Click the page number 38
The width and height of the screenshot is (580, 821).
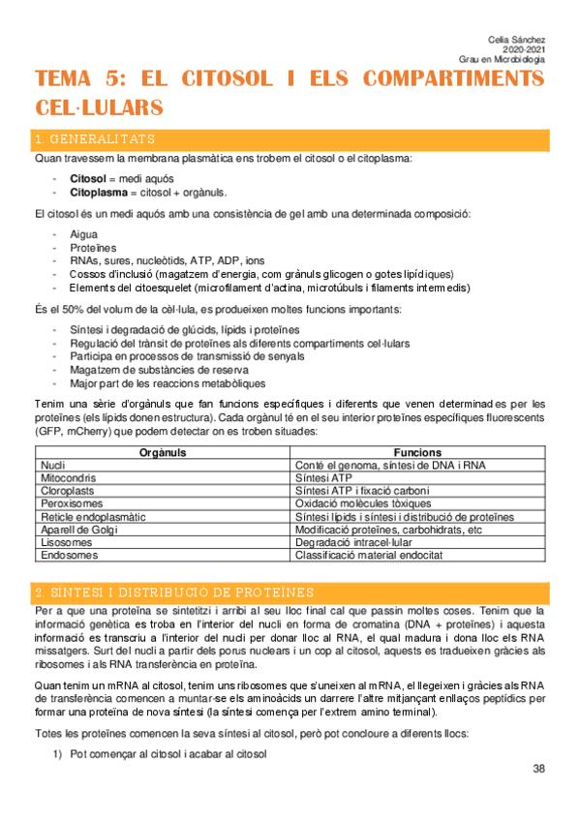537,769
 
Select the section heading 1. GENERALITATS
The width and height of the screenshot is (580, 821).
94,139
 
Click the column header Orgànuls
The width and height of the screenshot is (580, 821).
162,452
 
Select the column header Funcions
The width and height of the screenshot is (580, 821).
417,452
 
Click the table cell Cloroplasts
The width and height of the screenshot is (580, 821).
66,491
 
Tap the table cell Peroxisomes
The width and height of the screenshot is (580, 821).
69,504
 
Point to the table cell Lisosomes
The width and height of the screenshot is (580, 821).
64,544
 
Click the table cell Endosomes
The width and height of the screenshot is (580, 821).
66,557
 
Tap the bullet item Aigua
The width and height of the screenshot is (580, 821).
84,234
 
